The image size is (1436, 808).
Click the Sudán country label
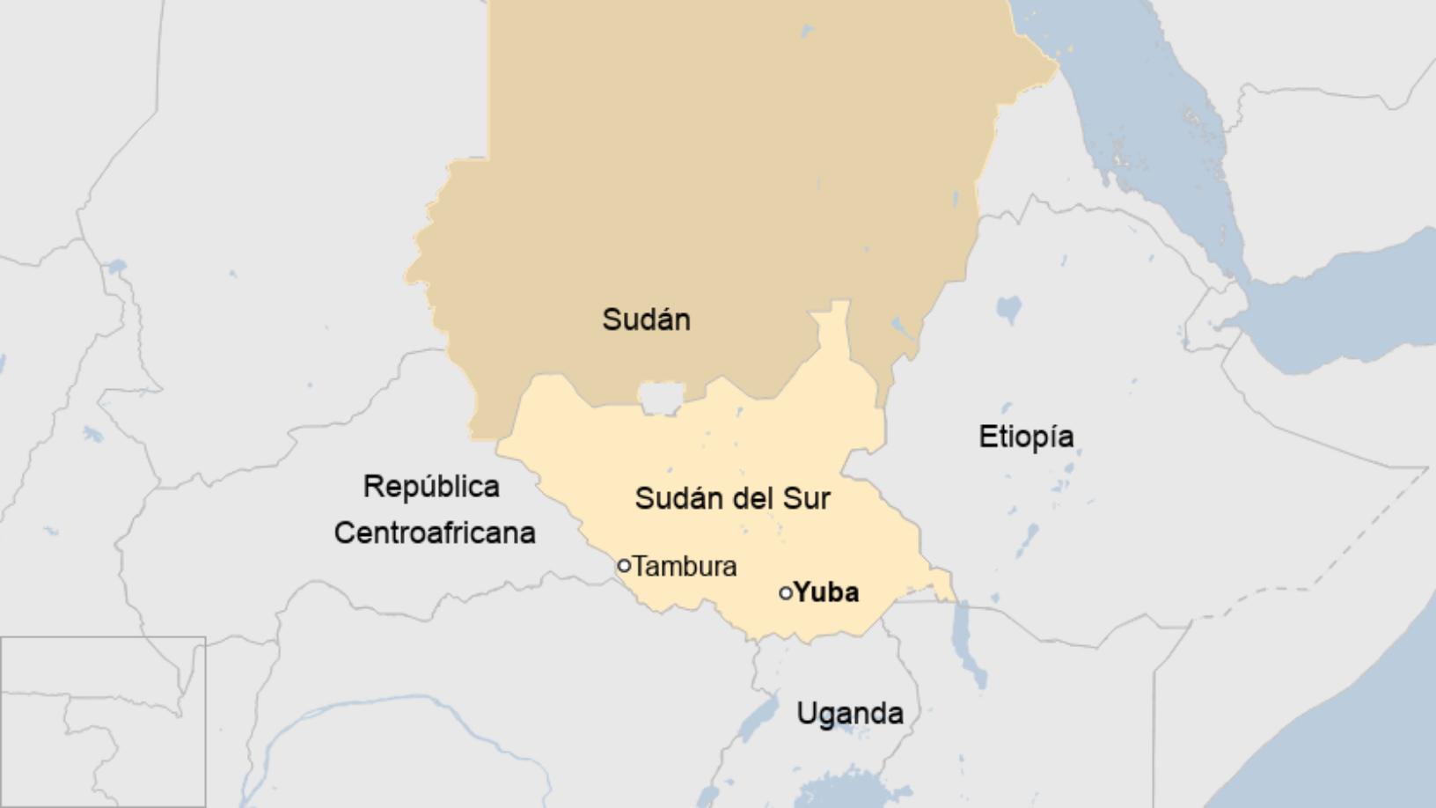point(646,320)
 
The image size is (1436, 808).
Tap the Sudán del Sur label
point(732,498)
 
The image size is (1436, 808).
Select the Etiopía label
point(1026,437)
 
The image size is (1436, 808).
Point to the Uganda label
point(849,713)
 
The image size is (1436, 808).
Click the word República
point(431,486)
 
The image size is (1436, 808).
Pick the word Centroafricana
point(435,533)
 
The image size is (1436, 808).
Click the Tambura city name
point(685,566)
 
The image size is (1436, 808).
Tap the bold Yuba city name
point(826,592)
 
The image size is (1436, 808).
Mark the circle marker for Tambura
point(624,566)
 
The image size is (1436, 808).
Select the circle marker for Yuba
point(786,593)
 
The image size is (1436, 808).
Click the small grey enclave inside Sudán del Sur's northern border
point(662,397)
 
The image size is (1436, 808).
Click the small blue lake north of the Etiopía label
point(1008,309)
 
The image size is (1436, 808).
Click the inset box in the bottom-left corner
point(103,722)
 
